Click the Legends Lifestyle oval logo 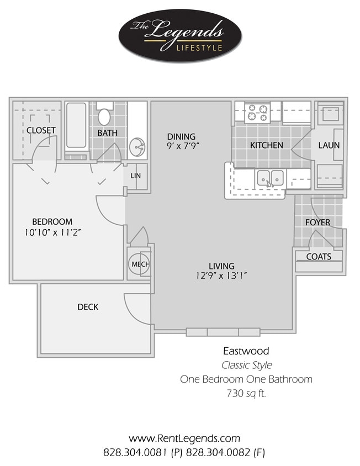(x=180, y=36)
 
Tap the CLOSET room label (x=41, y=130)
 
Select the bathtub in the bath (x=76, y=125)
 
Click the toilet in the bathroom (x=104, y=116)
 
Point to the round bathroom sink (x=137, y=147)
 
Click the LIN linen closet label (x=135, y=176)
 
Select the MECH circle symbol (x=137, y=264)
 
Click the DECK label (x=88, y=306)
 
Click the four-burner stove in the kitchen (x=257, y=113)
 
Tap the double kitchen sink (x=270, y=178)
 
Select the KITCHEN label (x=267, y=145)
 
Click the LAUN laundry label (x=329, y=145)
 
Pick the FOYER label (x=318, y=223)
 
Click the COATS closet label (x=319, y=256)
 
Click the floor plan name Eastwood (x=246, y=351)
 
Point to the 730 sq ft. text (x=246, y=394)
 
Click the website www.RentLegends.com (x=184, y=438)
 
